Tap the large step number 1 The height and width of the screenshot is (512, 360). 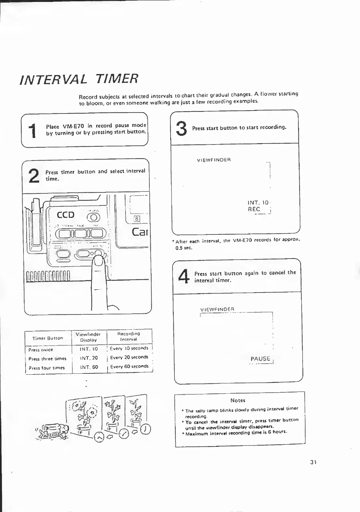(x=32, y=131)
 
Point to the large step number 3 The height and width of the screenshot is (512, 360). (x=181, y=128)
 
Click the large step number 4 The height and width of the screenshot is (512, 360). (x=184, y=276)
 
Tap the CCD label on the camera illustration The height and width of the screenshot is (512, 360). (x=66, y=215)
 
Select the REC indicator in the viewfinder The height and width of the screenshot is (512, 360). (x=254, y=209)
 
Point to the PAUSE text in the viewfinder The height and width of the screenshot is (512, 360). (x=260, y=359)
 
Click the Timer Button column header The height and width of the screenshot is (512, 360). (x=48, y=338)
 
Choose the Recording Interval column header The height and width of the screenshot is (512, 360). (x=128, y=337)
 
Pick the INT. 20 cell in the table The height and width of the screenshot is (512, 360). (x=89, y=358)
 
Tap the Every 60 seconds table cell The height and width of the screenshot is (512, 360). (x=129, y=367)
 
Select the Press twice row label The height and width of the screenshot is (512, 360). (x=40, y=350)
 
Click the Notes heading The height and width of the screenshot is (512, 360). (x=238, y=400)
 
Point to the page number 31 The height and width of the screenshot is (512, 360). (x=314, y=462)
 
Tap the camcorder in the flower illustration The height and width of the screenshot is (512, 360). (x=54, y=431)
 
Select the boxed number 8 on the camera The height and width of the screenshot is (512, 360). (x=137, y=219)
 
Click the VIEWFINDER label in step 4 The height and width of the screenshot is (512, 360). (x=217, y=309)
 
